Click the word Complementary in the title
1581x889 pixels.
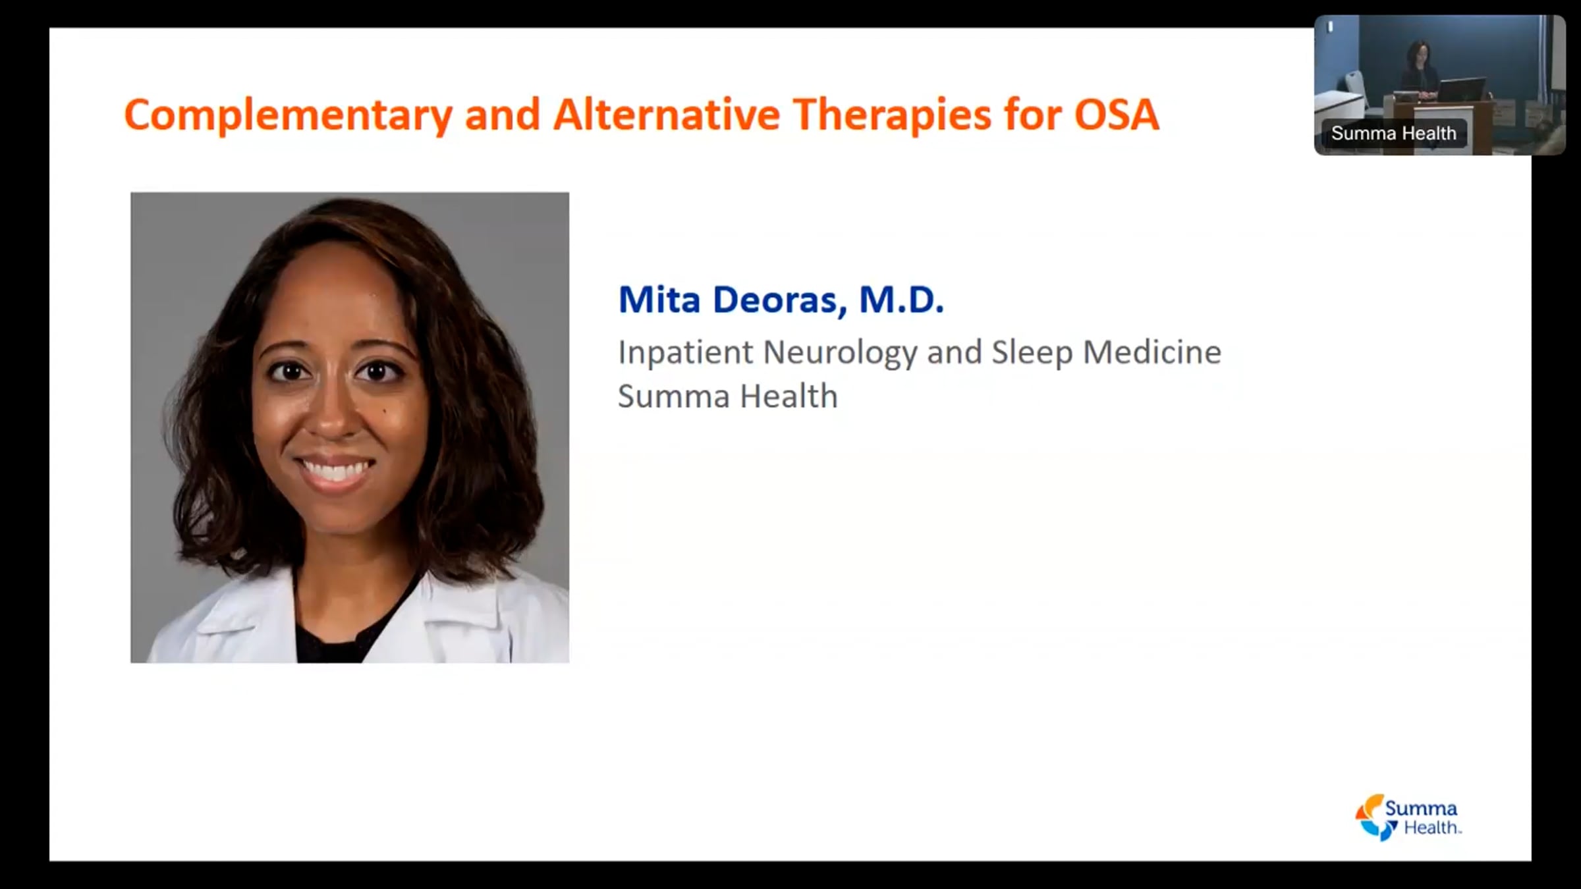[287, 116]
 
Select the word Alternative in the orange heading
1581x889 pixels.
[666, 115]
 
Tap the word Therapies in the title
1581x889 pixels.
[892, 116]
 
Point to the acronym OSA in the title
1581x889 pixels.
[1117, 115]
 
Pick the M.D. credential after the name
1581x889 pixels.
[901, 300]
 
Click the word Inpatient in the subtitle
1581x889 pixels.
[685, 353]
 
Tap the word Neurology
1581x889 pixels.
[841, 353]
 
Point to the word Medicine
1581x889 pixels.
[1152, 352]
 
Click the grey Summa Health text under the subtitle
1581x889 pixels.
[727, 396]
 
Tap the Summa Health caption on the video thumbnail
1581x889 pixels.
[1393, 134]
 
